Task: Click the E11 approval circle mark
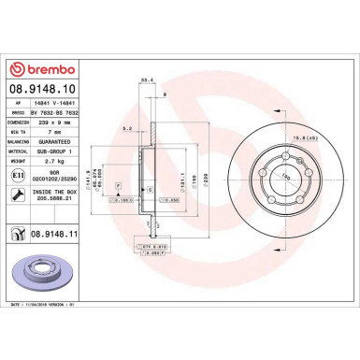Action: pos(19,174)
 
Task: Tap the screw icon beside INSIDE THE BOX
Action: pos(19,196)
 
